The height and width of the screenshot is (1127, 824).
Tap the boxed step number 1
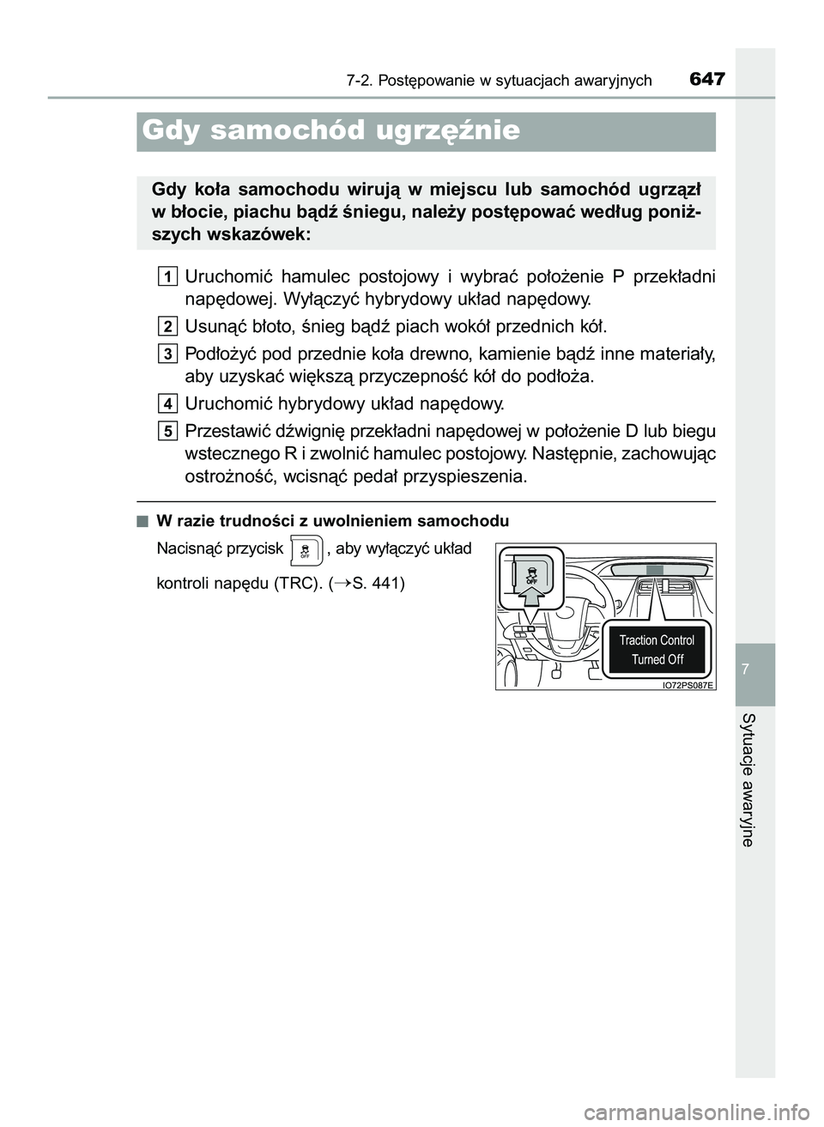(x=168, y=276)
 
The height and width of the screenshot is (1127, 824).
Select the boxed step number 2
(x=168, y=326)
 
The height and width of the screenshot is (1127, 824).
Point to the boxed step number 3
(x=168, y=353)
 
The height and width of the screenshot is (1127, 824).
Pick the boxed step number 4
(x=168, y=403)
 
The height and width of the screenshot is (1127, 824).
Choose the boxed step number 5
(x=168, y=430)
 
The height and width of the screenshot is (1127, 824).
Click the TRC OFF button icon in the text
(x=305, y=549)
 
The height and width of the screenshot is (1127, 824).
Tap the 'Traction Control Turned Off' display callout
(x=657, y=650)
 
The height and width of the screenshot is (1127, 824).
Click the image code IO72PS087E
(x=688, y=685)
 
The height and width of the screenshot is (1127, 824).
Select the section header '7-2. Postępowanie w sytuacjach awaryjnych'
(x=499, y=81)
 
